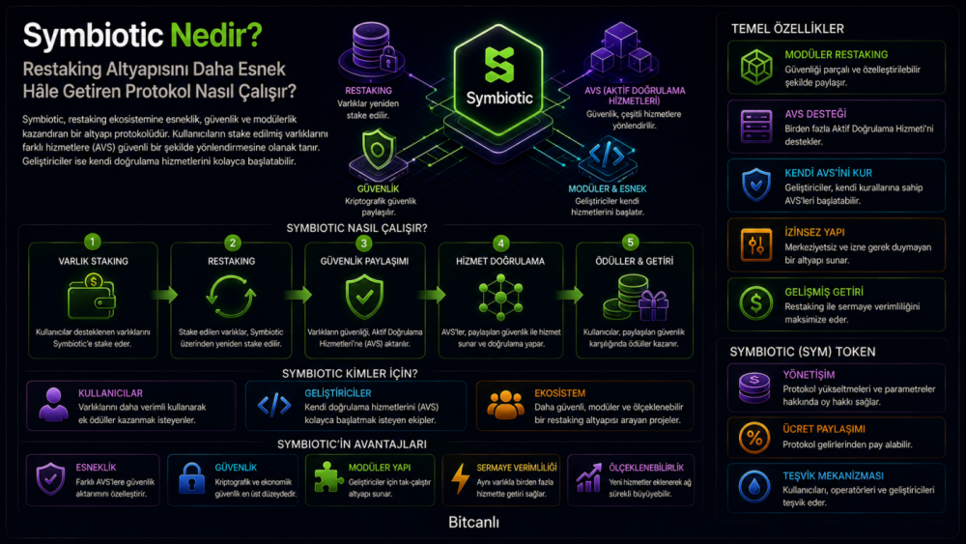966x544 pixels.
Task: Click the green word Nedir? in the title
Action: tap(215, 35)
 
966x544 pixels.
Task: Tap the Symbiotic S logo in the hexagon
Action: tap(499, 65)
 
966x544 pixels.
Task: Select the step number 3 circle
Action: tap(363, 243)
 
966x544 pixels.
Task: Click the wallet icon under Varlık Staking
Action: tap(92, 297)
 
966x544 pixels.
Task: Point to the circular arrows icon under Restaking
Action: tap(231, 297)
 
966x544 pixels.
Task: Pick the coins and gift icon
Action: tap(636, 299)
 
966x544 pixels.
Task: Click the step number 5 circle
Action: tap(630, 243)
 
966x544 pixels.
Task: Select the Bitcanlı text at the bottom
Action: tap(473, 523)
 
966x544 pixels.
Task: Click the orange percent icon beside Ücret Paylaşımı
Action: tap(754, 438)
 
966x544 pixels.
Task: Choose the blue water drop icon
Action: tap(754, 487)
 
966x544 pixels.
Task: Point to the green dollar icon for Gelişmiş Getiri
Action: tap(756, 303)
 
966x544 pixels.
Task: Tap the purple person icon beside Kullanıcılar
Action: tap(53, 405)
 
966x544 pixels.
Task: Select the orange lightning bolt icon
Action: tap(460, 478)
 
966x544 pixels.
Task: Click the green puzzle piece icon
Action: tap(328, 478)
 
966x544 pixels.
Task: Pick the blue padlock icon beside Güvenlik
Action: tap(191, 478)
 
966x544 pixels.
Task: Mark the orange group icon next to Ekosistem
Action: tap(506, 406)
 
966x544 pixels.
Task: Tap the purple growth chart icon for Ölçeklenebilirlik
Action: tap(589, 478)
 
